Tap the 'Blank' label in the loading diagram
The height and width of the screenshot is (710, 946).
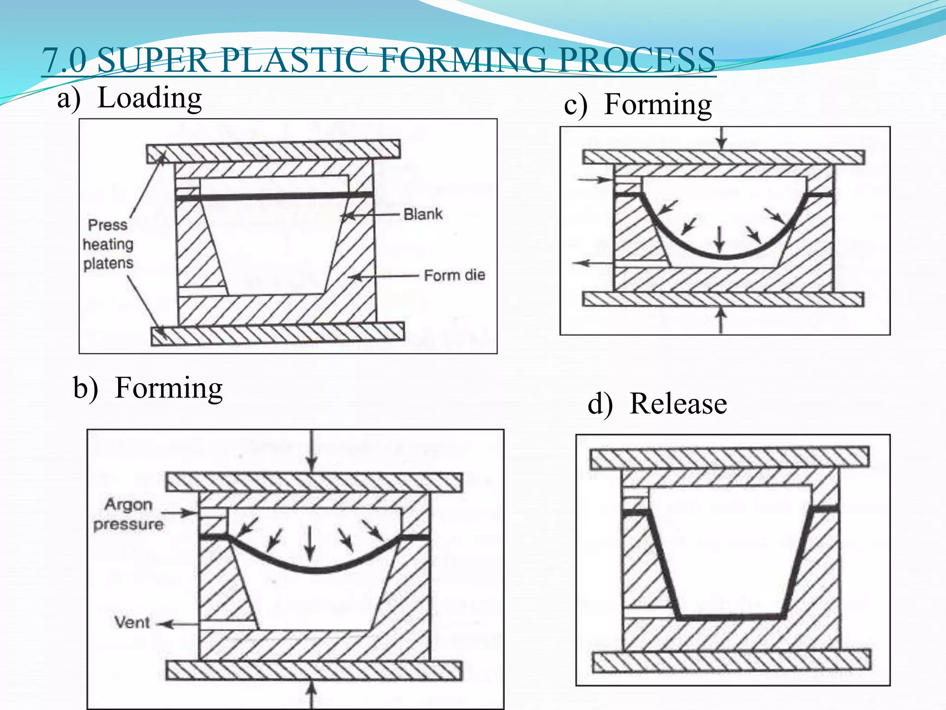(x=423, y=214)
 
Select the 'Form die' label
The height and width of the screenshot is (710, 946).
(x=454, y=275)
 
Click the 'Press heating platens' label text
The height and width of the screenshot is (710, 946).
(x=108, y=244)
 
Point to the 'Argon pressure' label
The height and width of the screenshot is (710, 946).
(x=128, y=514)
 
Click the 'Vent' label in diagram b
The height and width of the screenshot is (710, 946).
(x=132, y=622)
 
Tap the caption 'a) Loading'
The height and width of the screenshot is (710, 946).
(x=129, y=98)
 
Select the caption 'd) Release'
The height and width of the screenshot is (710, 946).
(x=657, y=404)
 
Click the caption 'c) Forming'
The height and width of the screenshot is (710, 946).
(x=637, y=104)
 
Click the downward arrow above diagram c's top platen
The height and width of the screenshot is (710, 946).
(x=722, y=138)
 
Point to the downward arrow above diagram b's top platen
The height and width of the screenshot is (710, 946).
(x=312, y=451)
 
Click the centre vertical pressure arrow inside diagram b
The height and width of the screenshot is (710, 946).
(x=310, y=543)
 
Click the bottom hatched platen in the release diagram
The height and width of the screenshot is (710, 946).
(x=731, y=661)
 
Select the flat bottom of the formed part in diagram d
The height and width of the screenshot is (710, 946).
(x=731, y=617)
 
